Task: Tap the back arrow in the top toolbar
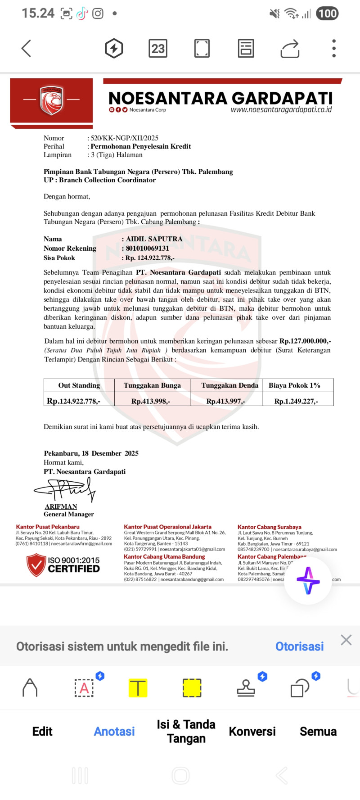coord(26,49)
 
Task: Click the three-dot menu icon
coord(333,49)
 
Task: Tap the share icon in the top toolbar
coord(290,49)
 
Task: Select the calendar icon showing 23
coord(157,49)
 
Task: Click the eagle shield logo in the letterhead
coord(51,100)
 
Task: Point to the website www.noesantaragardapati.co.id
coord(281,110)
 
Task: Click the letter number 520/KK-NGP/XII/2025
coord(125,138)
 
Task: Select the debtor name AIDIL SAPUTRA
coord(154,239)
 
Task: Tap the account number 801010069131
coord(147,249)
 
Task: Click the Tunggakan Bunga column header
coord(152,385)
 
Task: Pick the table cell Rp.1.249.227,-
coord(296,401)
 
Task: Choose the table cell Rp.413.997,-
coord(225,401)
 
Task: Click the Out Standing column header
coord(79,385)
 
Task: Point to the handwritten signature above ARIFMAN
coord(66,489)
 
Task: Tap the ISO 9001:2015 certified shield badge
coord(36,565)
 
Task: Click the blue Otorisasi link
coord(299,646)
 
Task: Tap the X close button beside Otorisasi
coord(346,640)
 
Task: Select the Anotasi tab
coord(114,732)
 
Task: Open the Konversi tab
coord(252,732)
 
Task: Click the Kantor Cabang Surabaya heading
coord(269,527)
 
